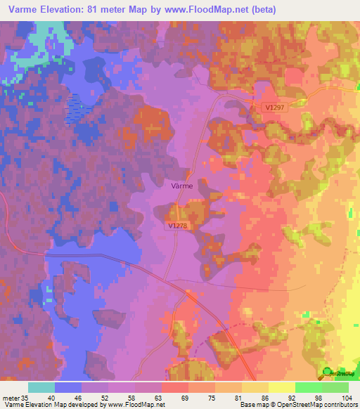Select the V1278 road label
click(179, 226)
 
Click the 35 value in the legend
click(27, 398)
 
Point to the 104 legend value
click(348, 398)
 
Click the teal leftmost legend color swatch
click(41, 387)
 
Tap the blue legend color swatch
click(67, 387)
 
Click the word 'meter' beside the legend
click(11, 398)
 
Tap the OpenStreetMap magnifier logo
click(328, 373)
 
